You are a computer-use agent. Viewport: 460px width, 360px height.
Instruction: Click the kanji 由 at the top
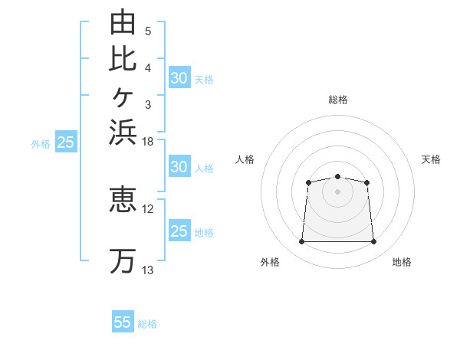coord(123,21)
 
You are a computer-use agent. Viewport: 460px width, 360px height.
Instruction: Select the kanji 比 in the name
coord(123,59)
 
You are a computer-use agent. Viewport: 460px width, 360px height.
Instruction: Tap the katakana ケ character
coord(123,97)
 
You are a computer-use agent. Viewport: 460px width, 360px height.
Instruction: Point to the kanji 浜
coord(123,132)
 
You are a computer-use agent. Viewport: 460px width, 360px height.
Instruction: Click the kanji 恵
coord(123,199)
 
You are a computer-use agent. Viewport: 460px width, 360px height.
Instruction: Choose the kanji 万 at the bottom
coord(123,261)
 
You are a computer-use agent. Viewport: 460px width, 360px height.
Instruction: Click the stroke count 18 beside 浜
coord(147,142)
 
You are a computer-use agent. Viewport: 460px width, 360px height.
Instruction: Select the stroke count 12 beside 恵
coord(147,209)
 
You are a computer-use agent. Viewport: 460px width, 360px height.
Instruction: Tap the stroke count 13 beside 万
coord(147,270)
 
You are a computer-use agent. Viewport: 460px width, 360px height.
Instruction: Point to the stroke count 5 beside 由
coord(148,31)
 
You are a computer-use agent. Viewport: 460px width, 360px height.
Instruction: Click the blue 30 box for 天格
coord(179,77)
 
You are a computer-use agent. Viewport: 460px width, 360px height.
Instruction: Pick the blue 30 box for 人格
coord(179,166)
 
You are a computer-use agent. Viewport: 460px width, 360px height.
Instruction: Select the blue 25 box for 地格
coord(179,230)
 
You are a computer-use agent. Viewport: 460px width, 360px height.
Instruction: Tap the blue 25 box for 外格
coord(66,141)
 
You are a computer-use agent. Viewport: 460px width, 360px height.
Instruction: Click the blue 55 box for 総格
coord(123,321)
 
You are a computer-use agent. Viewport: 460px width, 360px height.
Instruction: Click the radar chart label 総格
coord(338,100)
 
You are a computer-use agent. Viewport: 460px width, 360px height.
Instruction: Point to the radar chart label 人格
coord(245,159)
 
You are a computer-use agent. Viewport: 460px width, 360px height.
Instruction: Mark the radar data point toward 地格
coord(373,241)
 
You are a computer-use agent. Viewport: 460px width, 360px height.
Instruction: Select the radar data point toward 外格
coord(301,241)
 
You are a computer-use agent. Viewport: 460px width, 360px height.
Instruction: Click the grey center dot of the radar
coord(337,191)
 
